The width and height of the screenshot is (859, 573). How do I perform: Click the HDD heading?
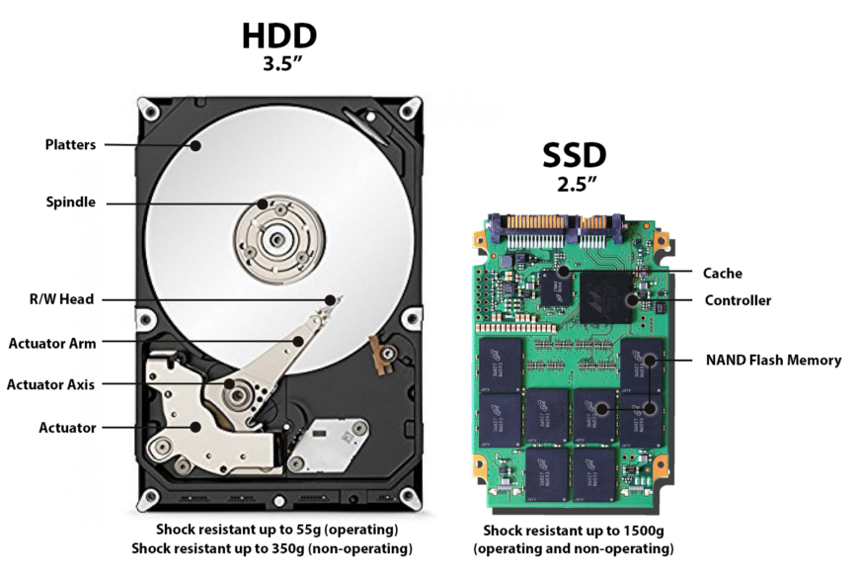tap(279, 36)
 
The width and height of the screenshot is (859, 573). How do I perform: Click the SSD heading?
tap(574, 155)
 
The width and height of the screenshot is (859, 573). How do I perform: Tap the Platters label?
tap(70, 145)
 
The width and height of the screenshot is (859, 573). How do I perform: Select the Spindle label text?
tap(71, 203)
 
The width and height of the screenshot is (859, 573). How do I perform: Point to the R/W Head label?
tap(61, 299)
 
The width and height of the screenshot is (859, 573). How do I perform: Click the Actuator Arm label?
tap(52, 344)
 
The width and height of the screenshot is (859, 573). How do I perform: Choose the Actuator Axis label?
tap(50, 385)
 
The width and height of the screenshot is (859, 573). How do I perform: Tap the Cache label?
tap(723, 273)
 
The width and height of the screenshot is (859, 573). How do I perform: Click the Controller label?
tap(738, 300)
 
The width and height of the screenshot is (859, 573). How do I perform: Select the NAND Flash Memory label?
tap(773, 361)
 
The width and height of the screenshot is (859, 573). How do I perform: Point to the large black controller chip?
tap(606, 297)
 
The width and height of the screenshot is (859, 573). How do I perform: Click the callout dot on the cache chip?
tap(563, 271)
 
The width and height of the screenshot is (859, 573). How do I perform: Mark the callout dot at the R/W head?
tap(330, 300)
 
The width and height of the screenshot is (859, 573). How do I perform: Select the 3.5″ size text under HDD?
tap(282, 63)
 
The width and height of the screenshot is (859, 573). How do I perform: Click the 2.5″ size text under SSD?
tap(577, 184)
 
